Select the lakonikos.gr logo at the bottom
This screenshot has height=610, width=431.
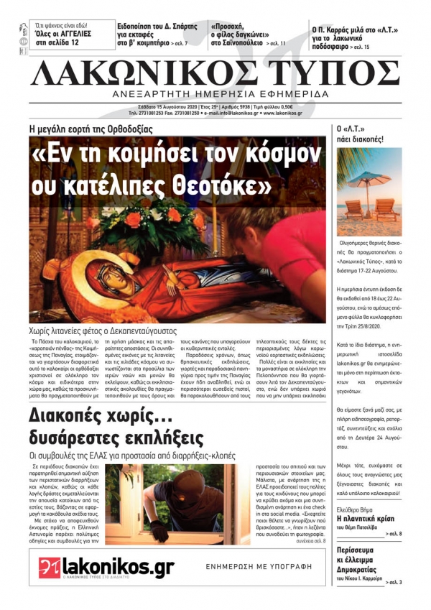[107, 568]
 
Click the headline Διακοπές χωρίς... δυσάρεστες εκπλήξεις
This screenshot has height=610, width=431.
[115, 427]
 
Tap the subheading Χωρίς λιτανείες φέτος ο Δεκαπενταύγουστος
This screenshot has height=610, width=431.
[117, 332]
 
